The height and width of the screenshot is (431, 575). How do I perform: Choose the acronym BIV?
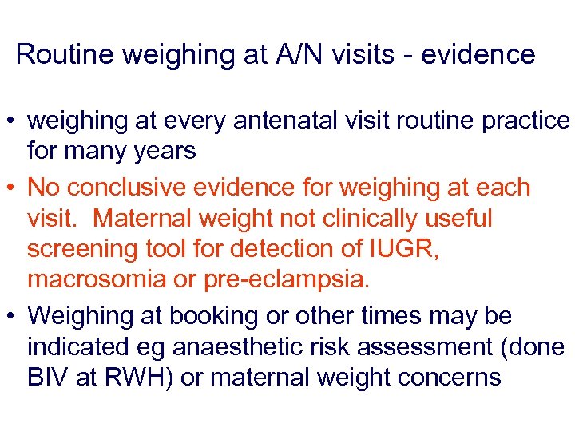48,377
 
